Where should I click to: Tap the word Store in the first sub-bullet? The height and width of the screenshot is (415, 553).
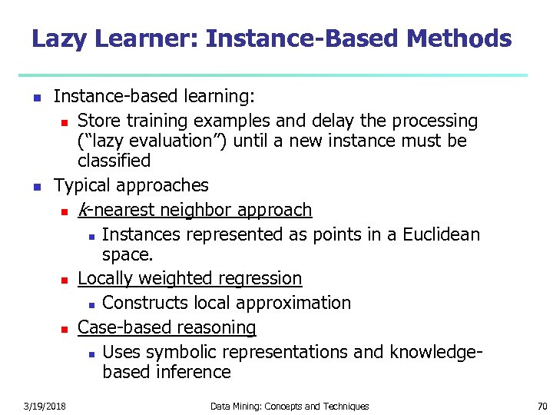click(98, 121)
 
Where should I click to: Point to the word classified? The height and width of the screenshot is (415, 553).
click(114, 161)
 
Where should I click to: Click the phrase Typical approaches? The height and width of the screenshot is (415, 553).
click(131, 185)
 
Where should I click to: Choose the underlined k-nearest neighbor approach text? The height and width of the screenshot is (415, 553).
click(195, 210)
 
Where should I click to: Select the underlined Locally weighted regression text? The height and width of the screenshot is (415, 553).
click(190, 278)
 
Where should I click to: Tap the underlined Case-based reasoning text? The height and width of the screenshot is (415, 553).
click(167, 327)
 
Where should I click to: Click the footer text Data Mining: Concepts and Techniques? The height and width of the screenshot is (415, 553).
click(289, 406)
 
